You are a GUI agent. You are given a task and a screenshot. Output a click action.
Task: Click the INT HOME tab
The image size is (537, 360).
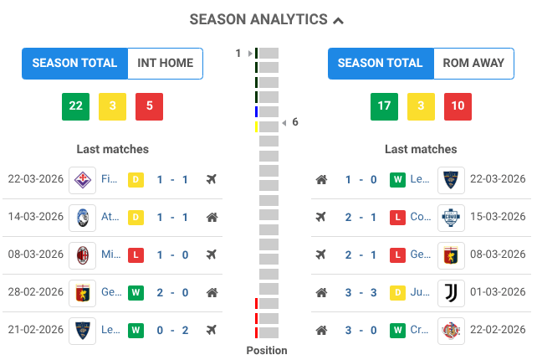tap(165, 63)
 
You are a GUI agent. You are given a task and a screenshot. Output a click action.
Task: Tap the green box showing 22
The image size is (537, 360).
tap(75, 106)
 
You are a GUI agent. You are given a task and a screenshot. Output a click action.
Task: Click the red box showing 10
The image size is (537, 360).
tap(457, 106)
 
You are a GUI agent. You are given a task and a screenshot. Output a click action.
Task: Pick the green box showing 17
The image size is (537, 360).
tap(384, 106)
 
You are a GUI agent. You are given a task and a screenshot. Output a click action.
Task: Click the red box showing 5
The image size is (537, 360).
tap(149, 106)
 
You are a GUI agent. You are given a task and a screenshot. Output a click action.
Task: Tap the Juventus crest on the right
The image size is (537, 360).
tap(451, 293)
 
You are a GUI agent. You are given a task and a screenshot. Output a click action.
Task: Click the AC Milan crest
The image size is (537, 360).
tap(83, 255)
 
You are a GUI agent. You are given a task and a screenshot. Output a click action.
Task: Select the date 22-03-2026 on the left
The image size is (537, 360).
tap(36, 179)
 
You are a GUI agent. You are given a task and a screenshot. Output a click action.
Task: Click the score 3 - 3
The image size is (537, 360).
tap(361, 293)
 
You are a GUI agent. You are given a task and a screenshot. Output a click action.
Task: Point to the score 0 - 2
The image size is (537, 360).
tap(173, 330)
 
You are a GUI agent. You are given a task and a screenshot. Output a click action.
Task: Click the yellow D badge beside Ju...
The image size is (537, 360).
tap(398, 293)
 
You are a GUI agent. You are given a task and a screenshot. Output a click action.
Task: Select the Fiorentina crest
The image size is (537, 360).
tap(83, 179)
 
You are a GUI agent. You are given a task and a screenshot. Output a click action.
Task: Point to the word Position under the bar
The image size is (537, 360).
tap(267, 351)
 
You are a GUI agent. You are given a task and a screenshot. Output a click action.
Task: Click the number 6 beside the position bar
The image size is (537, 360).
tap(295, 122)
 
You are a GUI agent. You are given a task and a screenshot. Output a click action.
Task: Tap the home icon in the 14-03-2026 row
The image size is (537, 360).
tap(212, 217)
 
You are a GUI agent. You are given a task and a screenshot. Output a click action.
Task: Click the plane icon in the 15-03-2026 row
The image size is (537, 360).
tap(321, 217)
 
